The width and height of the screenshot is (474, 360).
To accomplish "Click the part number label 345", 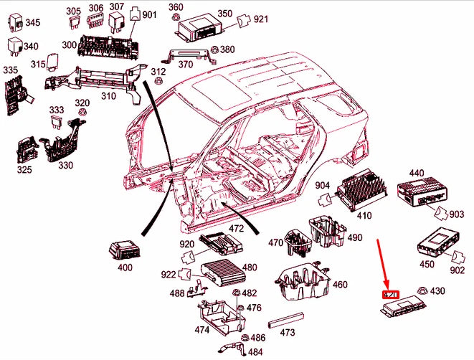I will click(33, 23).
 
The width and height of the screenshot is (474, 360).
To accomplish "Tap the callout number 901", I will click(149, 14).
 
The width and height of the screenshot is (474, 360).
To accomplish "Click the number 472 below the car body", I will click(236, 229).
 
